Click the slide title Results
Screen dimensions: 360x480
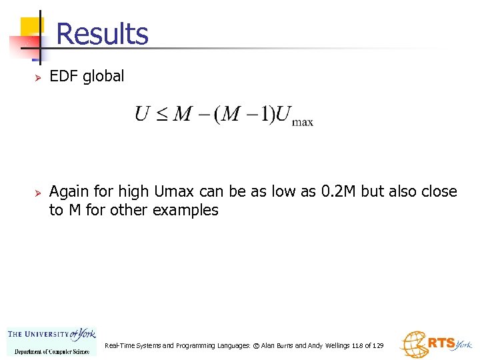(x=102, y=33)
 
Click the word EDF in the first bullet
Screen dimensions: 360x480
(x=63, y=76)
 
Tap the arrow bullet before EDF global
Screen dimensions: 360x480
(x=39, y=77)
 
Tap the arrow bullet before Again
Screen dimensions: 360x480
(x=39, y=193)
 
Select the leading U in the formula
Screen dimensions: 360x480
(x=142, y=115)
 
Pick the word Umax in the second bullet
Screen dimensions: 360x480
(x=175, y=192)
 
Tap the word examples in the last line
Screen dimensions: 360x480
(x=185, y=210)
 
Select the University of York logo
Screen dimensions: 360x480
(x=51, y=340)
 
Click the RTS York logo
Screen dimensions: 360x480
(x=435, y=344)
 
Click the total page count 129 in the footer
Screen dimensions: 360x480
(x=377, y=346)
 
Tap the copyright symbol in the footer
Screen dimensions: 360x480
(x=255, y=346)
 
